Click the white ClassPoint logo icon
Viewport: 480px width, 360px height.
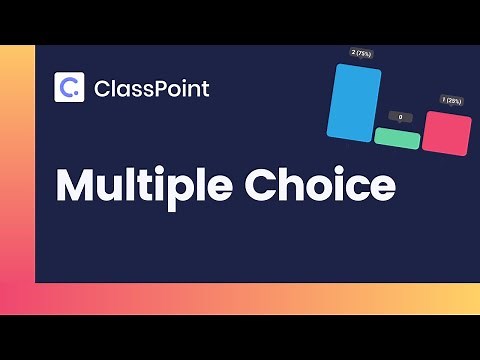tap(69, 88)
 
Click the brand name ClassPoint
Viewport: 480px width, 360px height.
tap(151, 89)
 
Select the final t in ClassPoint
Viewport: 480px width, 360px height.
tap(205, 89)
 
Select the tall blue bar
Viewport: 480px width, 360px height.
tap(354, 101)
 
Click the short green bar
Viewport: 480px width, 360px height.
tap(397, 139)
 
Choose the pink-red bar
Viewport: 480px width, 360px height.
tap(446, 132)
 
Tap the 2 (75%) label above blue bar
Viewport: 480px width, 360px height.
tap(361, 52)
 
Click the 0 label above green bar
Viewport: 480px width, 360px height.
tap(400, 117)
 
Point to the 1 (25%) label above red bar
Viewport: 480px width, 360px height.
tap(451, 100)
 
